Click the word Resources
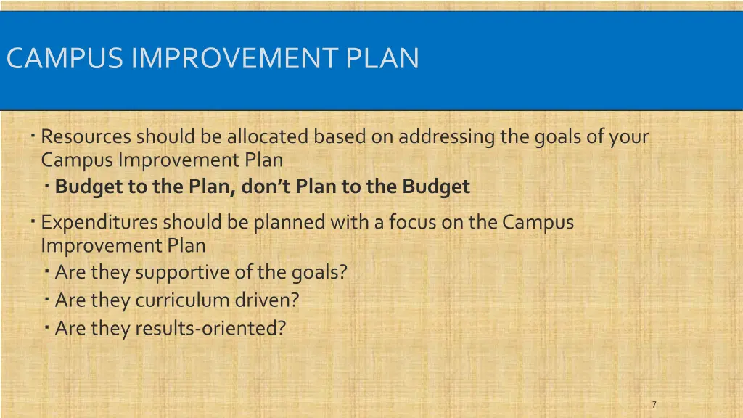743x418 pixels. [86, 136]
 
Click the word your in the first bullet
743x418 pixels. [628, 136]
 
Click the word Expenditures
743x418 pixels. [99, 223]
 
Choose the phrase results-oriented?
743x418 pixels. [210, 329]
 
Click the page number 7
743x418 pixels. [654, 405]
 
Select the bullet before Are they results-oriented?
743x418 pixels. [46, 327]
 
